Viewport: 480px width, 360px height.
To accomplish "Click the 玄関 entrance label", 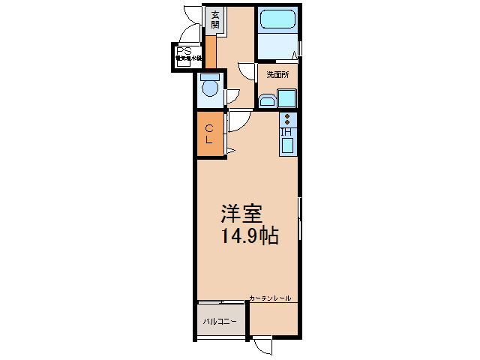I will (x=214, y=19).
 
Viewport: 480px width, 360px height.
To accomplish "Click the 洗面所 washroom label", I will (x=277, y=73).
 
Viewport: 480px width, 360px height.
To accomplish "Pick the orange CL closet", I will (x=210, y=134).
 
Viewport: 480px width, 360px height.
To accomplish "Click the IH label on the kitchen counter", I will (x=286, y=133).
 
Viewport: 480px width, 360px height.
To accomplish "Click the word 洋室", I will (x=241, y=214).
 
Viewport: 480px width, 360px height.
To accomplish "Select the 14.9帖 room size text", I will (x=249, y=237).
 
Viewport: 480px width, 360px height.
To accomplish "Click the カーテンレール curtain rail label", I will (x=270, y=298).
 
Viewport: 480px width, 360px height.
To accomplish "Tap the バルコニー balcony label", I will (x=219, y=322).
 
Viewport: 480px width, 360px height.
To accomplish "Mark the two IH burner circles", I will (x=287, y=120).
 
